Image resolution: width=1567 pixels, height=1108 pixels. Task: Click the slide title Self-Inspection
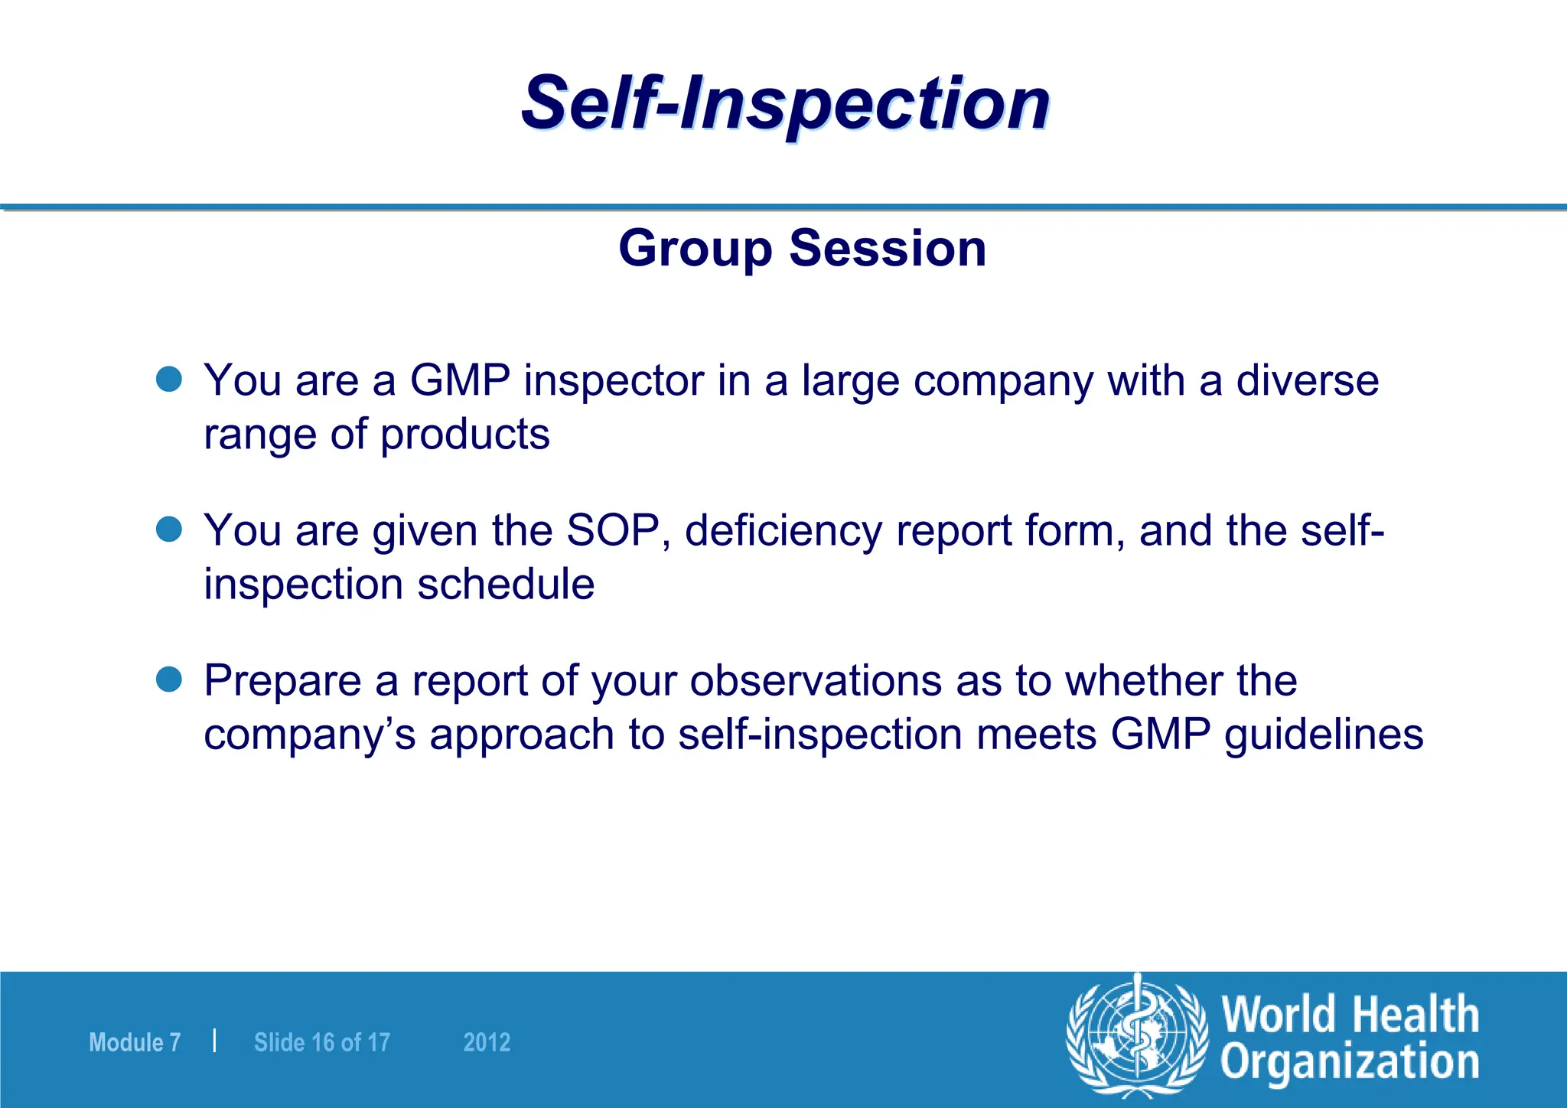[785, 103]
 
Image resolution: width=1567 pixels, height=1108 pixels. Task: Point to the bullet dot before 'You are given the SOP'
[168, 529]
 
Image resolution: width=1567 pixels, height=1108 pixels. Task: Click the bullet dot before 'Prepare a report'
[168, 679]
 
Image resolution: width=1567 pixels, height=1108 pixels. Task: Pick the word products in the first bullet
[464, 435]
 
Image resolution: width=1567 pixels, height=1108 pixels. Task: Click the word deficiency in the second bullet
[783, 530]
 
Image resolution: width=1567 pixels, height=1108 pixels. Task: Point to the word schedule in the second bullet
[506, 585]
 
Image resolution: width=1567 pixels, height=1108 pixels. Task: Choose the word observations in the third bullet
[816, 680]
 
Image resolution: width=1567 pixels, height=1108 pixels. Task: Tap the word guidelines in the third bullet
[1324, 735]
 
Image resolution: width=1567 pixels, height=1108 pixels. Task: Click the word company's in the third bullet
[309, 735]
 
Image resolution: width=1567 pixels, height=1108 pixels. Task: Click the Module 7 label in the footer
[135, 1042]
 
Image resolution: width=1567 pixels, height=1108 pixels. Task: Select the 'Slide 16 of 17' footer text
[321, 1042]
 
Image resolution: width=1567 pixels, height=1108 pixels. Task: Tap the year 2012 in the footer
[487, 1042]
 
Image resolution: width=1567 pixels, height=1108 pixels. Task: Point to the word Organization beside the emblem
[1350, 1064]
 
